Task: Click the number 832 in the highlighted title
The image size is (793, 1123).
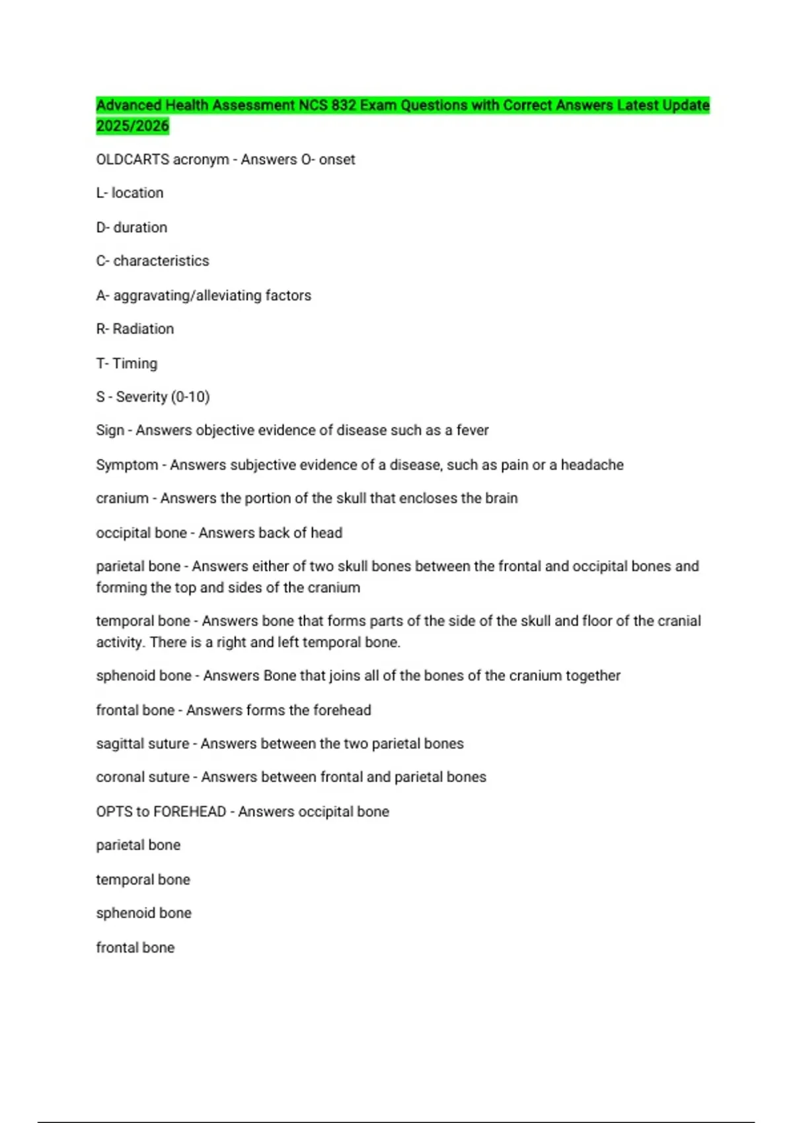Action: (343, 105)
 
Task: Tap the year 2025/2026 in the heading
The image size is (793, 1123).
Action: (132, 126)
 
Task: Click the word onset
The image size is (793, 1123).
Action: (337, 159)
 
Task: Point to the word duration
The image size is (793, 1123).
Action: (140, 227)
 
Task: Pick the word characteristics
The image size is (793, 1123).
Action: (161, 261)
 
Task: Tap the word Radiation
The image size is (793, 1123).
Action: (143, 329)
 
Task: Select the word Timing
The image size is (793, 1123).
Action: (135, 363)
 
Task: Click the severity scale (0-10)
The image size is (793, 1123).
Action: (190, 397)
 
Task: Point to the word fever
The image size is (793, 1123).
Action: (472, 431)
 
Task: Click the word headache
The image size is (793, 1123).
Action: (592, 465)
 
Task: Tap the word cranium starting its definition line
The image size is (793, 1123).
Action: (122, 498)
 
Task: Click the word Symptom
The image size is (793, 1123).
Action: (127, 465)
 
